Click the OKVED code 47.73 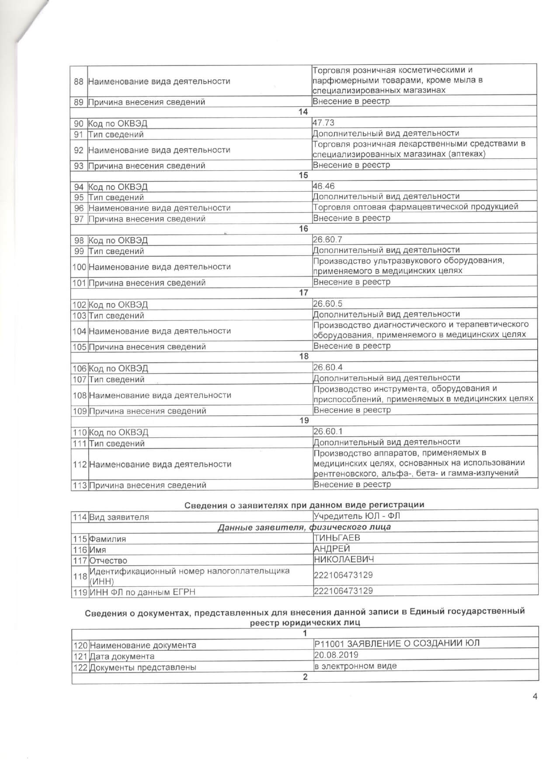pyautogui.click(x=324, y=123)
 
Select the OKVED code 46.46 pyautogui.click(x=324, y=186)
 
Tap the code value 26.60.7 pyautogui.click(x=327, y=239)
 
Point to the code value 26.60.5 pyautogui.click(x=327, y=304)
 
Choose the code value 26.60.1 pyautogui.click(x=328, y=431)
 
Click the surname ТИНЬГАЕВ pyautogui.click(x=337, y=538)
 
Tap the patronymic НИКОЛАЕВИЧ pyautogui.click(x=344, y=559)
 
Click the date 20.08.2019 pyautogui.click(x=336, y=655)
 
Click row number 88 pyautogui.click(x=79, y=81)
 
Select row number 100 pyautogui.click(x=79, y=267)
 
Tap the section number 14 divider pyautogui.click(x=303, y=112)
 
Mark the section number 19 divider pyautogui.click(x=304, y=421)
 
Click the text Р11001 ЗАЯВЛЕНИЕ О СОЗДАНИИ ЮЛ pyautogui.click(x=397, y=644)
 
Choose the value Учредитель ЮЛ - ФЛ pyautogui.click(x=356, y=516)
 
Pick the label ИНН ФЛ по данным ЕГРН pyautogui.click(x=142, y=592)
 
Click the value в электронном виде pyautogui.click(x=355, y=666)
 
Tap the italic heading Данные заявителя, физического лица pyautogui.click(x=304, y=527)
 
